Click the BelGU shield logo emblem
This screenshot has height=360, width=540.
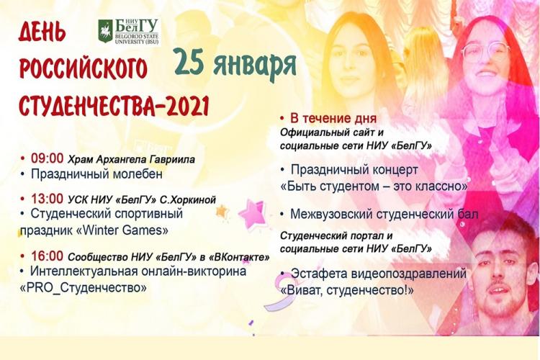[x=105, y=31]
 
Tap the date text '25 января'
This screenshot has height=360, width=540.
[x=235, y=65]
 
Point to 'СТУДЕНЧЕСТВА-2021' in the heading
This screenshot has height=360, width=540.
[x=114, y=107]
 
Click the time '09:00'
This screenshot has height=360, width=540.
[x=48, y=158]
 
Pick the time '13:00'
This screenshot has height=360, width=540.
[x=48, y=198]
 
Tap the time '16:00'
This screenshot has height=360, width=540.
[x=48, y=256]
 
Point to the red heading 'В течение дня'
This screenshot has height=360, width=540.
[x=333, y=118]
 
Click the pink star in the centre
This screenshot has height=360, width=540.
[x=253, y=214]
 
